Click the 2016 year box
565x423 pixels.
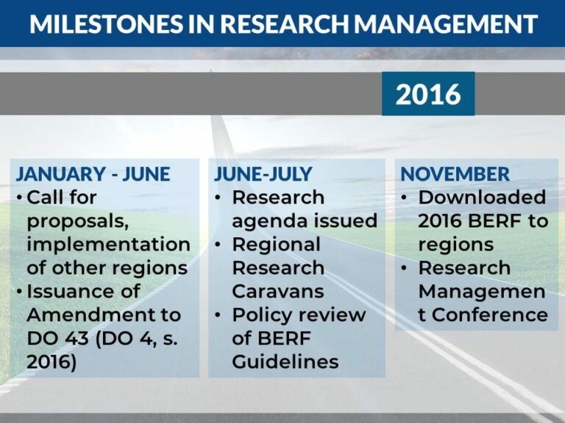[428, 94]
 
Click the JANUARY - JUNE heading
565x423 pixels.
[93, 174]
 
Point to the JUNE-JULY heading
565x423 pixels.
[263, 174]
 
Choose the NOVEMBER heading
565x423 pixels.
[455, 174]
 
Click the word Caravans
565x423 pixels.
[278, 292]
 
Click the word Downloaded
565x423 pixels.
[482, 198]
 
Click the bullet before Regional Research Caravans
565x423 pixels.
[218, 245]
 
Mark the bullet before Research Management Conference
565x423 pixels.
[405, 268]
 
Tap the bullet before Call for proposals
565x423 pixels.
[20, 198]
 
